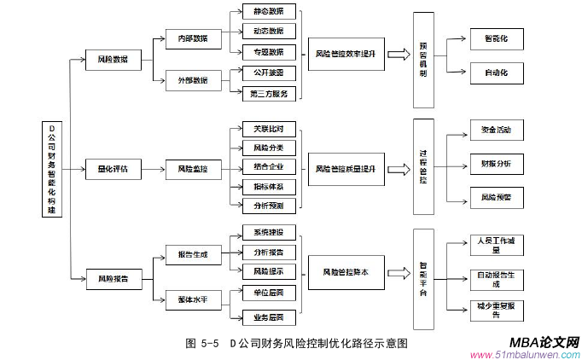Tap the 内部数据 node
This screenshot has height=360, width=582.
(x=193, y=39)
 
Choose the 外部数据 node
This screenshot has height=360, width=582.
(x=193, y=80)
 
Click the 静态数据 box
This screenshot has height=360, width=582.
(x=269, y=12)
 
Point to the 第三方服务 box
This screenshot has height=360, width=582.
(x=269, y=94)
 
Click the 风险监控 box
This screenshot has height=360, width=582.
(x=193, y=169)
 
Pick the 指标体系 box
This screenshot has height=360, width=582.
(x=269, y=186)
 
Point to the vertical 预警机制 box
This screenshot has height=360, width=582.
(x=422, y=60)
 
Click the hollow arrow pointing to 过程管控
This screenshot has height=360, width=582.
(x=397, y=169)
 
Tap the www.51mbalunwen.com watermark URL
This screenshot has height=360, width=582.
(x=525, y=354)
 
